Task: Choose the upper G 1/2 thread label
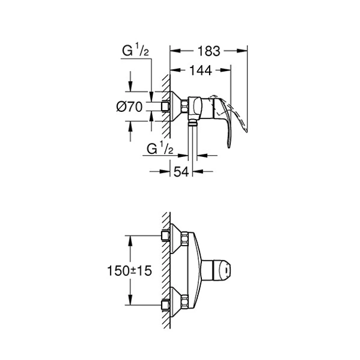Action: [x=133, y=52]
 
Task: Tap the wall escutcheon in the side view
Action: [x=176, y=107]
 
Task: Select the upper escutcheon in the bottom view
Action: [x=176, y=237]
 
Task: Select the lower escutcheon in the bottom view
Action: [x=176, y=303]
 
